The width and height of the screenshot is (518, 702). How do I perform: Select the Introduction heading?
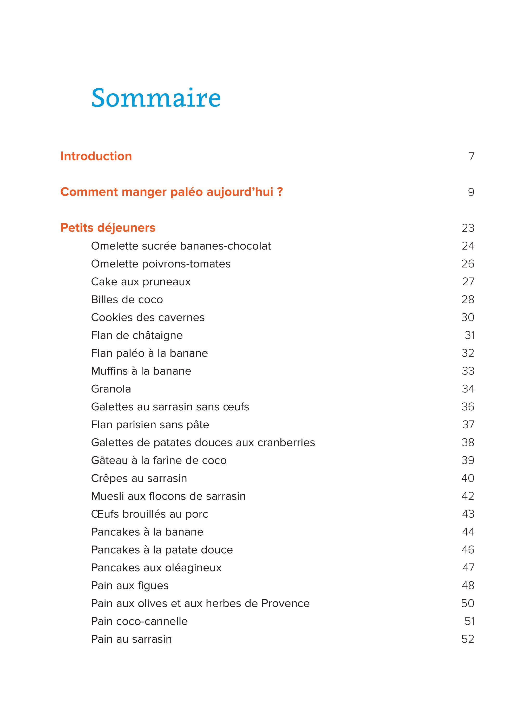click(x=96, y=156)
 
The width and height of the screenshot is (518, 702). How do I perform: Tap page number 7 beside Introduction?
click(x=471, y=156)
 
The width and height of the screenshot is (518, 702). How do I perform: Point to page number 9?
click(x=471, y=192)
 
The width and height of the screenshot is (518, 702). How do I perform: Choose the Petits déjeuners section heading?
click(x=108, y=228)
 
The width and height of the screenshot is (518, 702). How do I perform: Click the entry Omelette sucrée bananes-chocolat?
click(x=181, y=246)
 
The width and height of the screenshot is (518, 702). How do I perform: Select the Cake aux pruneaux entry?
click(x=141, y=281)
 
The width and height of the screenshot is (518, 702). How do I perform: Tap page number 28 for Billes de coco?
click(x=468, y=299)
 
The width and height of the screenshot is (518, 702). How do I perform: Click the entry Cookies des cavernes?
click(x=148, y=317)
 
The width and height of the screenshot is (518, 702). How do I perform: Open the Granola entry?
click(x=111, y=389)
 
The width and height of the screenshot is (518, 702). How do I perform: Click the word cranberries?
click(x=286, y=442)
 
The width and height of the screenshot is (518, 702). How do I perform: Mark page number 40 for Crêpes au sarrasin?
click(x=468, y=478)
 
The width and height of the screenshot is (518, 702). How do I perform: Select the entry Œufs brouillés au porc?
click(x=149, y=514)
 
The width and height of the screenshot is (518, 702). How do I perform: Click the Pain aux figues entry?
click(x=130, y=586)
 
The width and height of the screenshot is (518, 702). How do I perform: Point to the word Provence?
click(x=285, y=603)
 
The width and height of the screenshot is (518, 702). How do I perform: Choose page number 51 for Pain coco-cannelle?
click(x=469, y=621)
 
